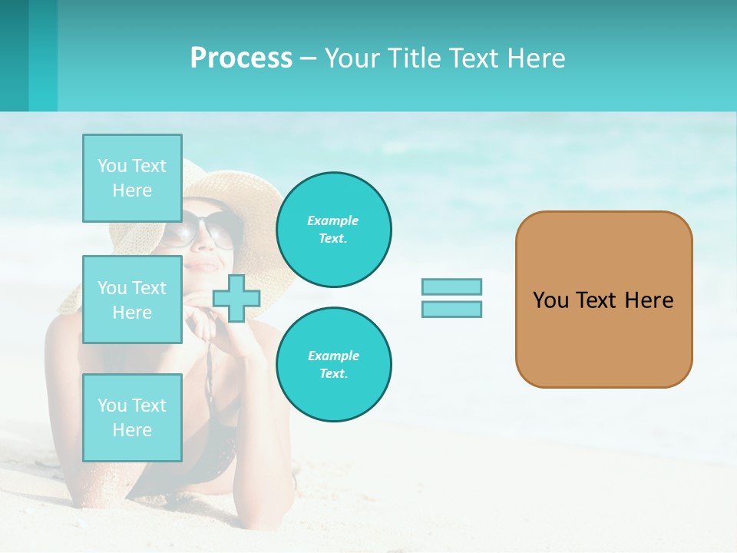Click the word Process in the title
(241, 58)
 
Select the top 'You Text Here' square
(132, 178)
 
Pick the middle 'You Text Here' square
(132, 300)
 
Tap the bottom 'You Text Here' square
(132, 418)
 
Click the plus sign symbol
(236, 298)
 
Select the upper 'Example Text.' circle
(333, 230)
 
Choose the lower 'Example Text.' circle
(333, 365)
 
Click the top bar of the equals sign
(451, 286)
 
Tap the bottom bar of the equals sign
(451, 309)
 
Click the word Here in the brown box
(649, 300)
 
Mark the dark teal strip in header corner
(14, 55)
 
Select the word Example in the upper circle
(333, 220)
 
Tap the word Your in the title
(352, 58)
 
